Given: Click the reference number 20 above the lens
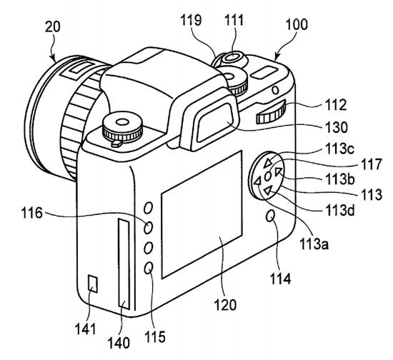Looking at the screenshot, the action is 53,27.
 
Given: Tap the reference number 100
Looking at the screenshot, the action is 297,24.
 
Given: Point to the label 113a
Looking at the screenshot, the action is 314,244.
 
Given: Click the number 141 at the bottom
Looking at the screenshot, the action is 85,329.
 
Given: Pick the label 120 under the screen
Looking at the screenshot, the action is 225,305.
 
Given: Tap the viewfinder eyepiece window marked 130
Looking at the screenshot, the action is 216,124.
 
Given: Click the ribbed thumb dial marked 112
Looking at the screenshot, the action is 272,112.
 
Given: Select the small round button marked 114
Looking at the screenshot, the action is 271,216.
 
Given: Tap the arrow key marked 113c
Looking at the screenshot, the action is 268,162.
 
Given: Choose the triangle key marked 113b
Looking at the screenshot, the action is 279,171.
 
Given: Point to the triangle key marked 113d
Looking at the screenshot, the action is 268,191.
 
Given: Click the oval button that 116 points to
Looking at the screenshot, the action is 148,228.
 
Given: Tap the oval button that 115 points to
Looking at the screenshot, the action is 149,268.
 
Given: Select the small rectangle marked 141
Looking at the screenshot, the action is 93,284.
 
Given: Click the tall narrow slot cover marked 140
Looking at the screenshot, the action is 124,264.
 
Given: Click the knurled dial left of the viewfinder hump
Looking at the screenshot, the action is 123,129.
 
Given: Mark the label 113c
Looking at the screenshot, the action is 339,149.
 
